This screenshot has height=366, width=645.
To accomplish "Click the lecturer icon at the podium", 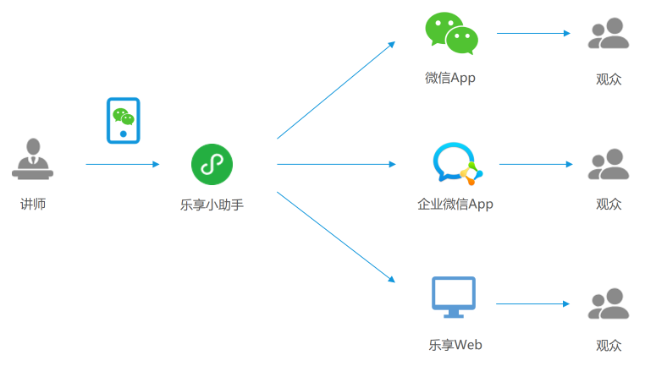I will [x=33, y=159].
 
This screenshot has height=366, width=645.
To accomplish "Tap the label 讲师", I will [x=33, y=204].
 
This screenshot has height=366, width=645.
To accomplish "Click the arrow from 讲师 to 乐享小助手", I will [x=122, y=164].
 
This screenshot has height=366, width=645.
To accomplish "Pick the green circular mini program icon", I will [x=211, y=164].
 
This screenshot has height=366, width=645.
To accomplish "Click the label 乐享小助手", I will [x=212, y=204].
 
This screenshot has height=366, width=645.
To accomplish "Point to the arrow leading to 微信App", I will [x=335, y=90].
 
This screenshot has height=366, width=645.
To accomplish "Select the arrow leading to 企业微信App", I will [x=335, y=164].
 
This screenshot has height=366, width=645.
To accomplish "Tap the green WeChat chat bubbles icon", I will [x=451, y=34].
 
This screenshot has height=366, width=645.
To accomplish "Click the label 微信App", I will [x=450, y=79].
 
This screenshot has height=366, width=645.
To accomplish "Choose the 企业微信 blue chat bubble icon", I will [x=456, y=163].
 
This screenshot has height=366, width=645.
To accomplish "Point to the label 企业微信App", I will [x=455, y=204].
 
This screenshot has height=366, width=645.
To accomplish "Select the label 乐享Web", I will [x=455, y=345].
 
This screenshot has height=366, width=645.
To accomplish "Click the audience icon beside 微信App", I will [x=609, y=34].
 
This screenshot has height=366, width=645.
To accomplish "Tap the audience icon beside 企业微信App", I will [x=609, y=164].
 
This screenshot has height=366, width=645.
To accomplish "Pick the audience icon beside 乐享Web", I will [x=609, y=303].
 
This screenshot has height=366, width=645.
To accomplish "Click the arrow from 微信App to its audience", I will [x=533, y=34].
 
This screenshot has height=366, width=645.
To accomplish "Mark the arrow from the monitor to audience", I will [x=533, y=303].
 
